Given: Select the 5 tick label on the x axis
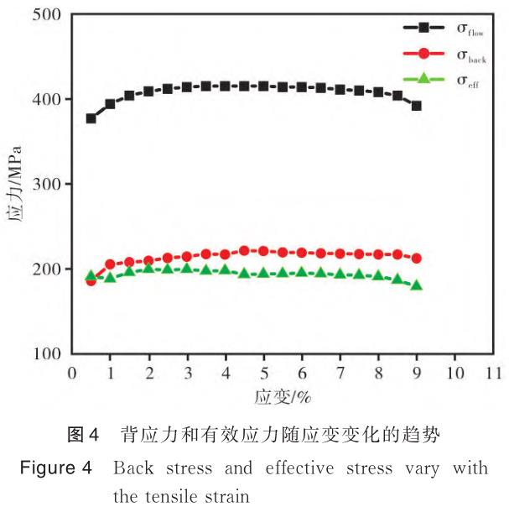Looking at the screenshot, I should (263, 370).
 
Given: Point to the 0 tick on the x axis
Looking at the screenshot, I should (72, 370).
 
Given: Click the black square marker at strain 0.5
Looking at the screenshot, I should (91, 118).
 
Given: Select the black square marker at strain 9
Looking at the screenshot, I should (416, 106).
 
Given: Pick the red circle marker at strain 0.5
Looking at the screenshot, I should (91, 280).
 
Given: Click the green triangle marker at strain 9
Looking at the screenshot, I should (416, 285).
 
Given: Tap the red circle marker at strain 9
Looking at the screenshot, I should (416, 259).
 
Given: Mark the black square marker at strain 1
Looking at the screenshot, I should (110, 104).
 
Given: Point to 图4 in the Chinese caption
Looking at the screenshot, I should (83, 435).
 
